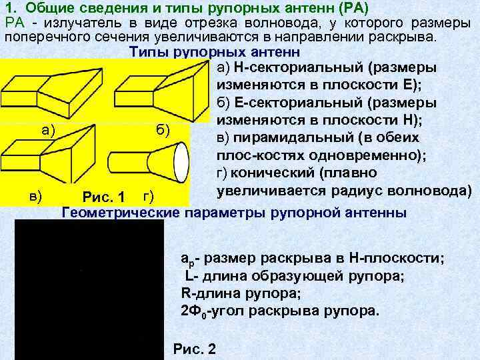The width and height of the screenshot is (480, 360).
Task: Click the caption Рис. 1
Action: [x=103, y=197]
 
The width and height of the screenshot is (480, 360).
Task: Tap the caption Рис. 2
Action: [x=194, y=349]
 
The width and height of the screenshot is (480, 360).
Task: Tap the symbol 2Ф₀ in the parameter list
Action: [x=193, y=311]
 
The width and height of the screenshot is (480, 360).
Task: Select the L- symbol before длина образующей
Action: [x=190, y=276]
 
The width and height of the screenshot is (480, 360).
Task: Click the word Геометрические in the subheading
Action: [x=120, y=213]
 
